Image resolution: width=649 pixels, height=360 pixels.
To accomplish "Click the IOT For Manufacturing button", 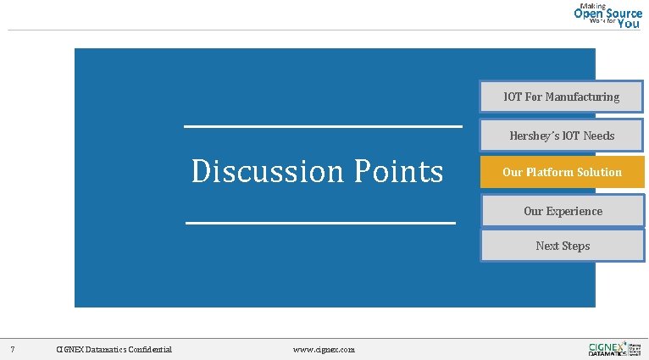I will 562,97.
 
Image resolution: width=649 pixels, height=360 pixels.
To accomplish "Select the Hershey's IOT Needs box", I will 562,136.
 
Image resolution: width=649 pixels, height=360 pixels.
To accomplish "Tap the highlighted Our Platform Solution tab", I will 562,172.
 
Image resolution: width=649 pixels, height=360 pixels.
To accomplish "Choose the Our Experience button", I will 563,211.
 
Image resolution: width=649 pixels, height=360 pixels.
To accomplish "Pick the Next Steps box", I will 563,246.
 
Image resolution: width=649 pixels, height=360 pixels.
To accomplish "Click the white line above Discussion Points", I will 323,127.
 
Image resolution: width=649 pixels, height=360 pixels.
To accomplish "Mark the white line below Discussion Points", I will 320,223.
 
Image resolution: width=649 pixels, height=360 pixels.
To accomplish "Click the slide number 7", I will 12,349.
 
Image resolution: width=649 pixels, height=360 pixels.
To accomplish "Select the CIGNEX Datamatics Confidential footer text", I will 114,349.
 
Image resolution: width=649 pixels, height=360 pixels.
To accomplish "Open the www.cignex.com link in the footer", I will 324,349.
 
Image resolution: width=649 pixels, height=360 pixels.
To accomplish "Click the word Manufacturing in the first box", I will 582,97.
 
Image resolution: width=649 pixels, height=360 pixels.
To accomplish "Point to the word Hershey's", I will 534,136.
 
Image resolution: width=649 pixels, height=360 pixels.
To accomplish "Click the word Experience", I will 574,211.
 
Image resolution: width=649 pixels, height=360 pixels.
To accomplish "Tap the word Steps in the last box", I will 575,246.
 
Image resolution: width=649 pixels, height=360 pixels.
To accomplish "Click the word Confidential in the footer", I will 147,349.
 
